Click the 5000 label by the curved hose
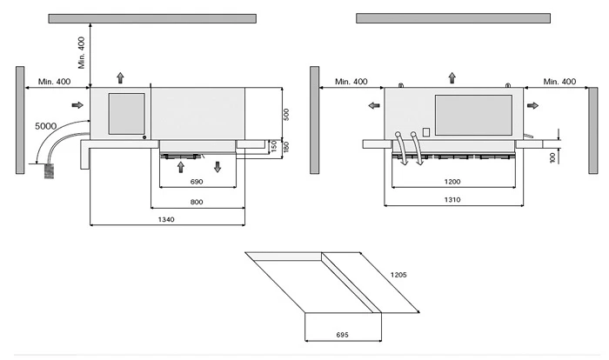48,126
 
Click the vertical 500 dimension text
286,114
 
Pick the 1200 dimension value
451,182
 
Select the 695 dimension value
342,334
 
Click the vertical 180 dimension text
286,146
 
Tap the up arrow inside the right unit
451,78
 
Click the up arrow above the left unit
120,77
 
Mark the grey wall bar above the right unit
452,17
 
